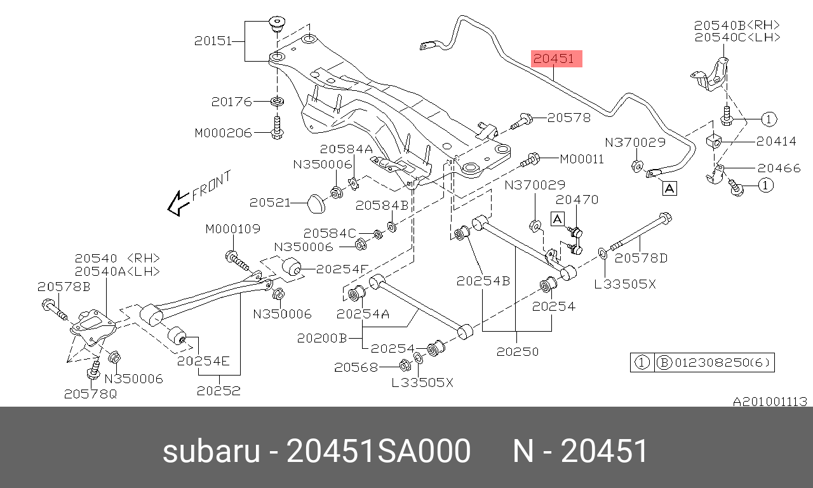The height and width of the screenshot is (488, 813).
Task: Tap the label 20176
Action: click(x=232, y=102)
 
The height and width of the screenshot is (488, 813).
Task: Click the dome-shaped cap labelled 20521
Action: click(x=315, y=203)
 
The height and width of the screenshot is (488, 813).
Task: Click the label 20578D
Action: click(x=642, y=258)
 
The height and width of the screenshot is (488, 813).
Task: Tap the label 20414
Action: click(x=776, y=141)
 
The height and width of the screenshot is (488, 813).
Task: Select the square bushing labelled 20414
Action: click(x=714, y=140)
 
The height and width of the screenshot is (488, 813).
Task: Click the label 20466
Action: click(x=778, y=168)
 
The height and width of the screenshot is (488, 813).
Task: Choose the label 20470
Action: click(x=577, y=200)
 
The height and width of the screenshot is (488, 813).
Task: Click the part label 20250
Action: click(x=517, y=351)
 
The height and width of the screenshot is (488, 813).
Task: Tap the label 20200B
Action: click(x=321, y=339)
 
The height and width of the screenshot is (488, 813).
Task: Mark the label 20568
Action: click(x=356, y=367)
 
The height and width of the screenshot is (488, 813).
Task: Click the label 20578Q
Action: click(x=90, y=394)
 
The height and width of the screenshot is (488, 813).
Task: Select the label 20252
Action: click(x=218, y=391)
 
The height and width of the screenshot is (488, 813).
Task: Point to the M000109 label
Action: click(x=232, y=229)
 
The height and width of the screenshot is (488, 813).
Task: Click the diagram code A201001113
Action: click(x=770, y=402)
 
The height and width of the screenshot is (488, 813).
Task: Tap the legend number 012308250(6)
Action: click(x=722, y=363)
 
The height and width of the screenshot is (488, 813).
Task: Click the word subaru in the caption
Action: click(x=211, y=452)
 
